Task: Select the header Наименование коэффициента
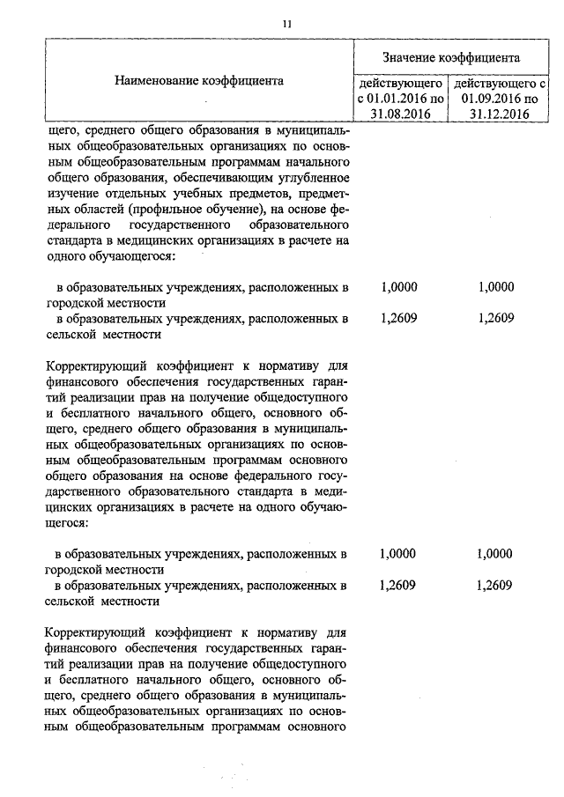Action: (198, 80)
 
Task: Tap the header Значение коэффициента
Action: (450, 56)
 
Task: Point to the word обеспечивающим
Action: (232, 177)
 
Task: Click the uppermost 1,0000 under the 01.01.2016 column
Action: (399, 287)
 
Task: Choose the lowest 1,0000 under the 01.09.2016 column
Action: (493, 554)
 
